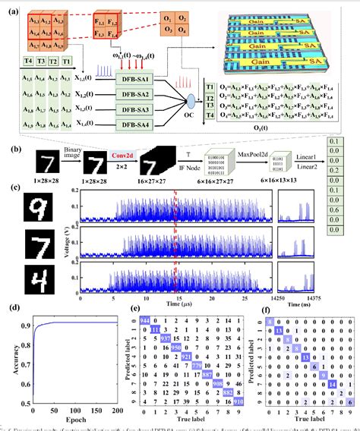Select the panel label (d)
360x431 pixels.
coord(10,307)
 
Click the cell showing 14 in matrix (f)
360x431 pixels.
coord(333,385)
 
